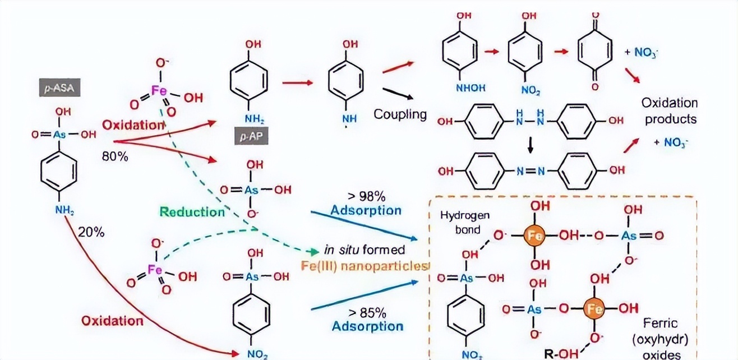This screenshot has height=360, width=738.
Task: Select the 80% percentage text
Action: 115,156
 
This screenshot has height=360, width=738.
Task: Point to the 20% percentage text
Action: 91,232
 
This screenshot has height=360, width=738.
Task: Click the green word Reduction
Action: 192,211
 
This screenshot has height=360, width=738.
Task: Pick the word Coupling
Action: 400,114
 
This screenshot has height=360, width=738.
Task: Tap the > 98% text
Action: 366,197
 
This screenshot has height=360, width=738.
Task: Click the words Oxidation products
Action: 670,111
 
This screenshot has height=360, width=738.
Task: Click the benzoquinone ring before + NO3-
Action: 596,52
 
